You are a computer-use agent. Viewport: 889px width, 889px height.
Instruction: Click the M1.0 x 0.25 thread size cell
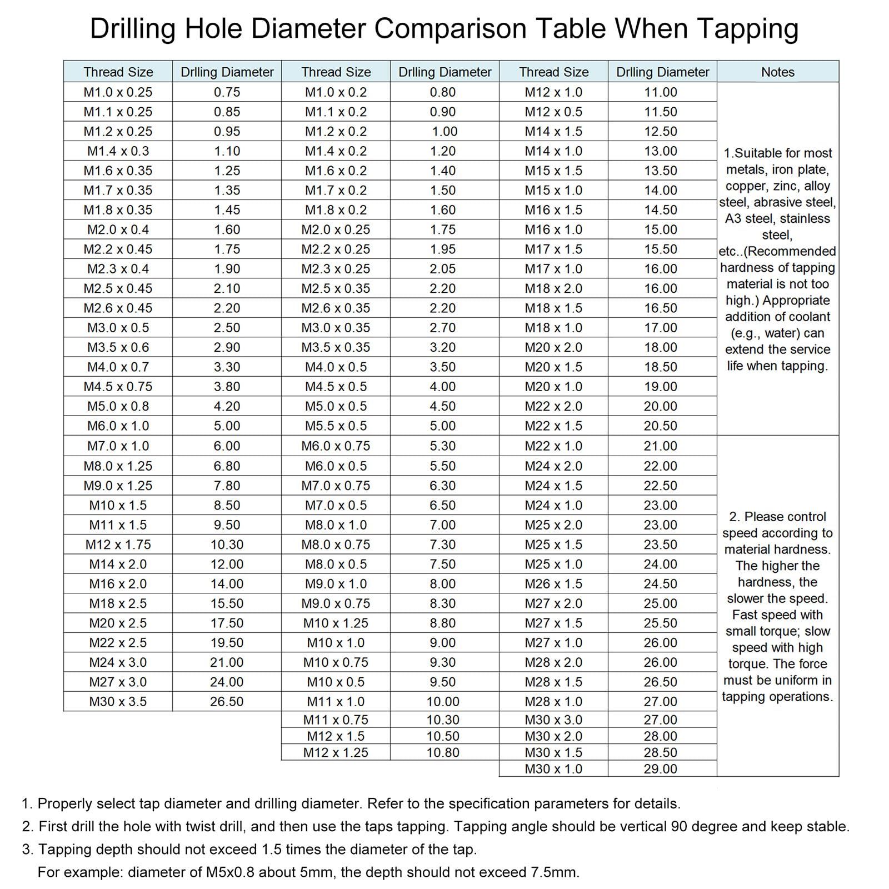[x=118, y=92]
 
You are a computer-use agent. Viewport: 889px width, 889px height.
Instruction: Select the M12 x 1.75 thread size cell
[x=118, y=545]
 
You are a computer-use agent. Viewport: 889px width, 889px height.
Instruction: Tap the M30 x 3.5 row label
[x=118, y=702]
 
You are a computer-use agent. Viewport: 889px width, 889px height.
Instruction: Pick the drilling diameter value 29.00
[x=661, y=769]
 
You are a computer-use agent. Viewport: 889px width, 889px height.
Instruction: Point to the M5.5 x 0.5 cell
[x=336, y=426]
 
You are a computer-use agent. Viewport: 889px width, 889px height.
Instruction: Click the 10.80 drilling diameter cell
[x=443, y=752]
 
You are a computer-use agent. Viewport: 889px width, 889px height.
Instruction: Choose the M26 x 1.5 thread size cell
[x=553, y=584]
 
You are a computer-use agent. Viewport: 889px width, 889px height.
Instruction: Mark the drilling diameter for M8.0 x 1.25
[x=227, y=466]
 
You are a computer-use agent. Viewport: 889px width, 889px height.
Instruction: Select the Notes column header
[x=777, y=72]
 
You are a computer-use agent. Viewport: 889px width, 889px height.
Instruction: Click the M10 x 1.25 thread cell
[x=336, y=623]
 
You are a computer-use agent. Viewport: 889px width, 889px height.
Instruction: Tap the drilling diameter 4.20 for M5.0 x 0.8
[x=227, y=406]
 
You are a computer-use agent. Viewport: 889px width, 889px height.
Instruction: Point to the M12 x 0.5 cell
[x=553, y=112]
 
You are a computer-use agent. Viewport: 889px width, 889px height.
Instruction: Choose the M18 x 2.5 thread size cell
[x=118, y=603]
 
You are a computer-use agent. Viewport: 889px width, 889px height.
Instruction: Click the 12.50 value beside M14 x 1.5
[x=661, y=132]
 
